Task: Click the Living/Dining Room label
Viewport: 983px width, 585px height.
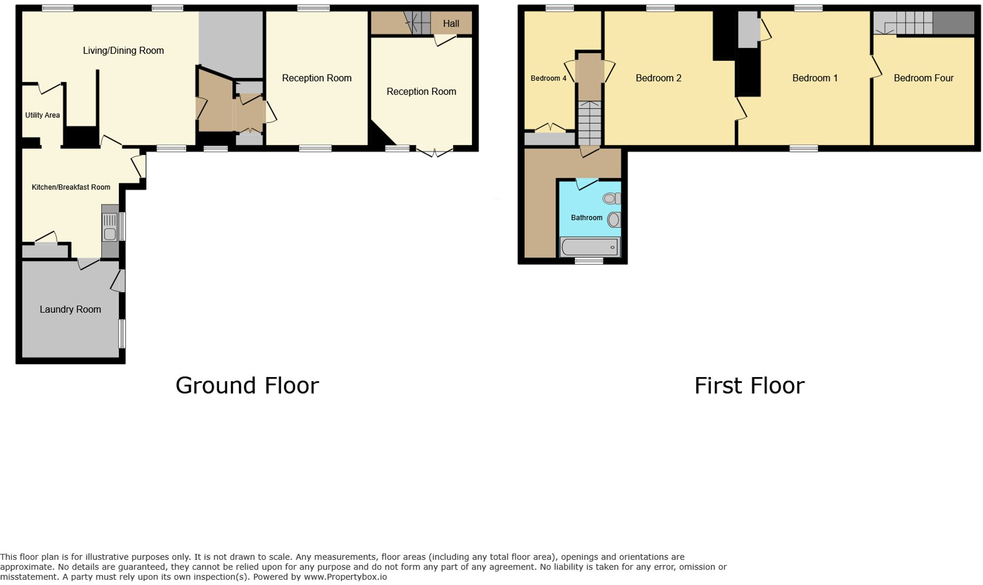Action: (x=123, y=51)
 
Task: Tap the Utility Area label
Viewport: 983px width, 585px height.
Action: (x=43, y=115)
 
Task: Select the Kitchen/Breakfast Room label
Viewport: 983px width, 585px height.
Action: (x=71, y=187)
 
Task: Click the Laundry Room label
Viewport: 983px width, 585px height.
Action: (x=71, y=310)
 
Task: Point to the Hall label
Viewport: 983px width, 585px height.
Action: (x=451, y=24)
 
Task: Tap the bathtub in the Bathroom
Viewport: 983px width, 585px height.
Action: (x=590, y=247)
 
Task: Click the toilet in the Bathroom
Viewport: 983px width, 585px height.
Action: (x=611, y=198)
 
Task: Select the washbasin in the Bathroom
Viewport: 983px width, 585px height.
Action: (x=614, y=220)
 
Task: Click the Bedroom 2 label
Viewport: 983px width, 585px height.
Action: (x=658, y=78)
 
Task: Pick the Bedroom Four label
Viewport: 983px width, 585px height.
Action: (x=923, y=78)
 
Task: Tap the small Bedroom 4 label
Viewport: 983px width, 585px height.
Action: (x=548, y=78)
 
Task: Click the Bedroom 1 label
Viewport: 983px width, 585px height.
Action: (x=815, y=78)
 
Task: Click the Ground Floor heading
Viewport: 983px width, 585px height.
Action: (x=247, y=386)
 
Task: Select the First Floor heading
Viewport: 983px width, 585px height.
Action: (x=749, y=386)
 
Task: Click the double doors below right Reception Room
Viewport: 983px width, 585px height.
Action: (x=434, y=152)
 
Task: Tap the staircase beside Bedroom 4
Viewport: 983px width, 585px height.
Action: (x=589, y=123)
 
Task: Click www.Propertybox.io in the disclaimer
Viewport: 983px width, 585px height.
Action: (x=345, y=577)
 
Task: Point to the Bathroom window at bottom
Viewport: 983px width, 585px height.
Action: (x=589, y=261)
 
